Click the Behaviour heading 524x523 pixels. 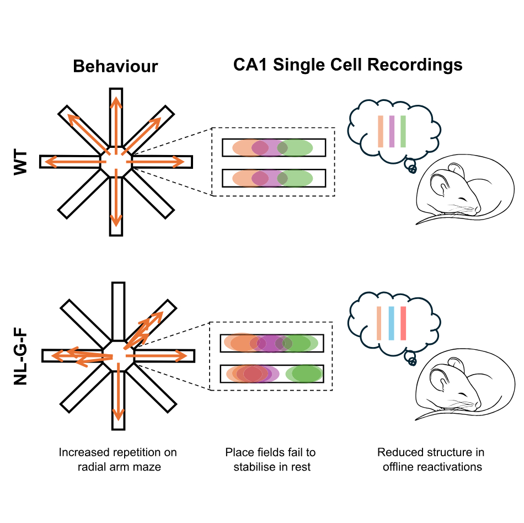click(x=115, y=67)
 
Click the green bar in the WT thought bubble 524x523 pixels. click(x=403, y=131)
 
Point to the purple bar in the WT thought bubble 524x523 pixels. click(x=392, y=131)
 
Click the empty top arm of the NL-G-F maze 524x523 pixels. click(x=119, y=309)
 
